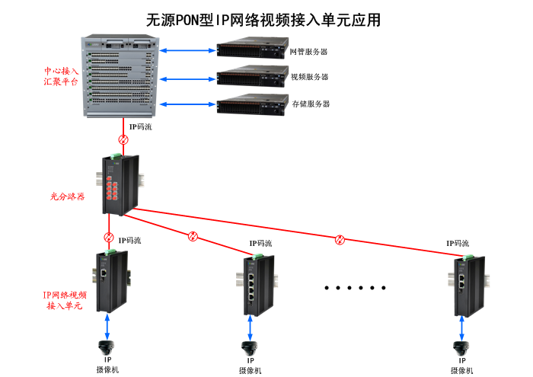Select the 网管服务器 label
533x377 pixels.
click(308, 52)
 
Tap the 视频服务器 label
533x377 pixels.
click(309, 77)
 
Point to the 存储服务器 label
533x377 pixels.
click(311, 104)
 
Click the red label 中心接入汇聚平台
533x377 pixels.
click(61, 76)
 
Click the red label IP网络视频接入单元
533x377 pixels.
click(65, 299)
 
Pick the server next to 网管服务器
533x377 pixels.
click(250, 50)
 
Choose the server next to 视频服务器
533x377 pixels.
click(250, 76)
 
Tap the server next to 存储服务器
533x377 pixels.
click(250, 104)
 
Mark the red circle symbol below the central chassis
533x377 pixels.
click(123, 140)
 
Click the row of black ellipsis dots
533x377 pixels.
click(355, 288)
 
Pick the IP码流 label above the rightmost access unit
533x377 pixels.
click(458, 243)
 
